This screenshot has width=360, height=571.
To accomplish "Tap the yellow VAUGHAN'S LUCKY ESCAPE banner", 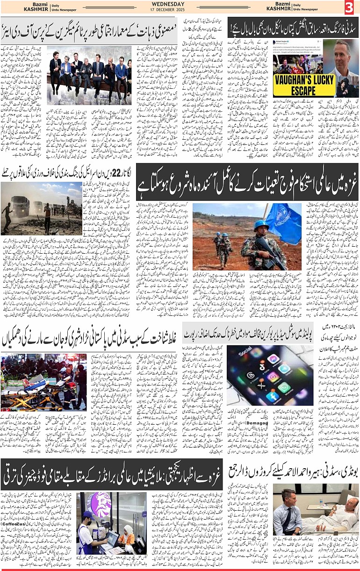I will click(x=303, y=84).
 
